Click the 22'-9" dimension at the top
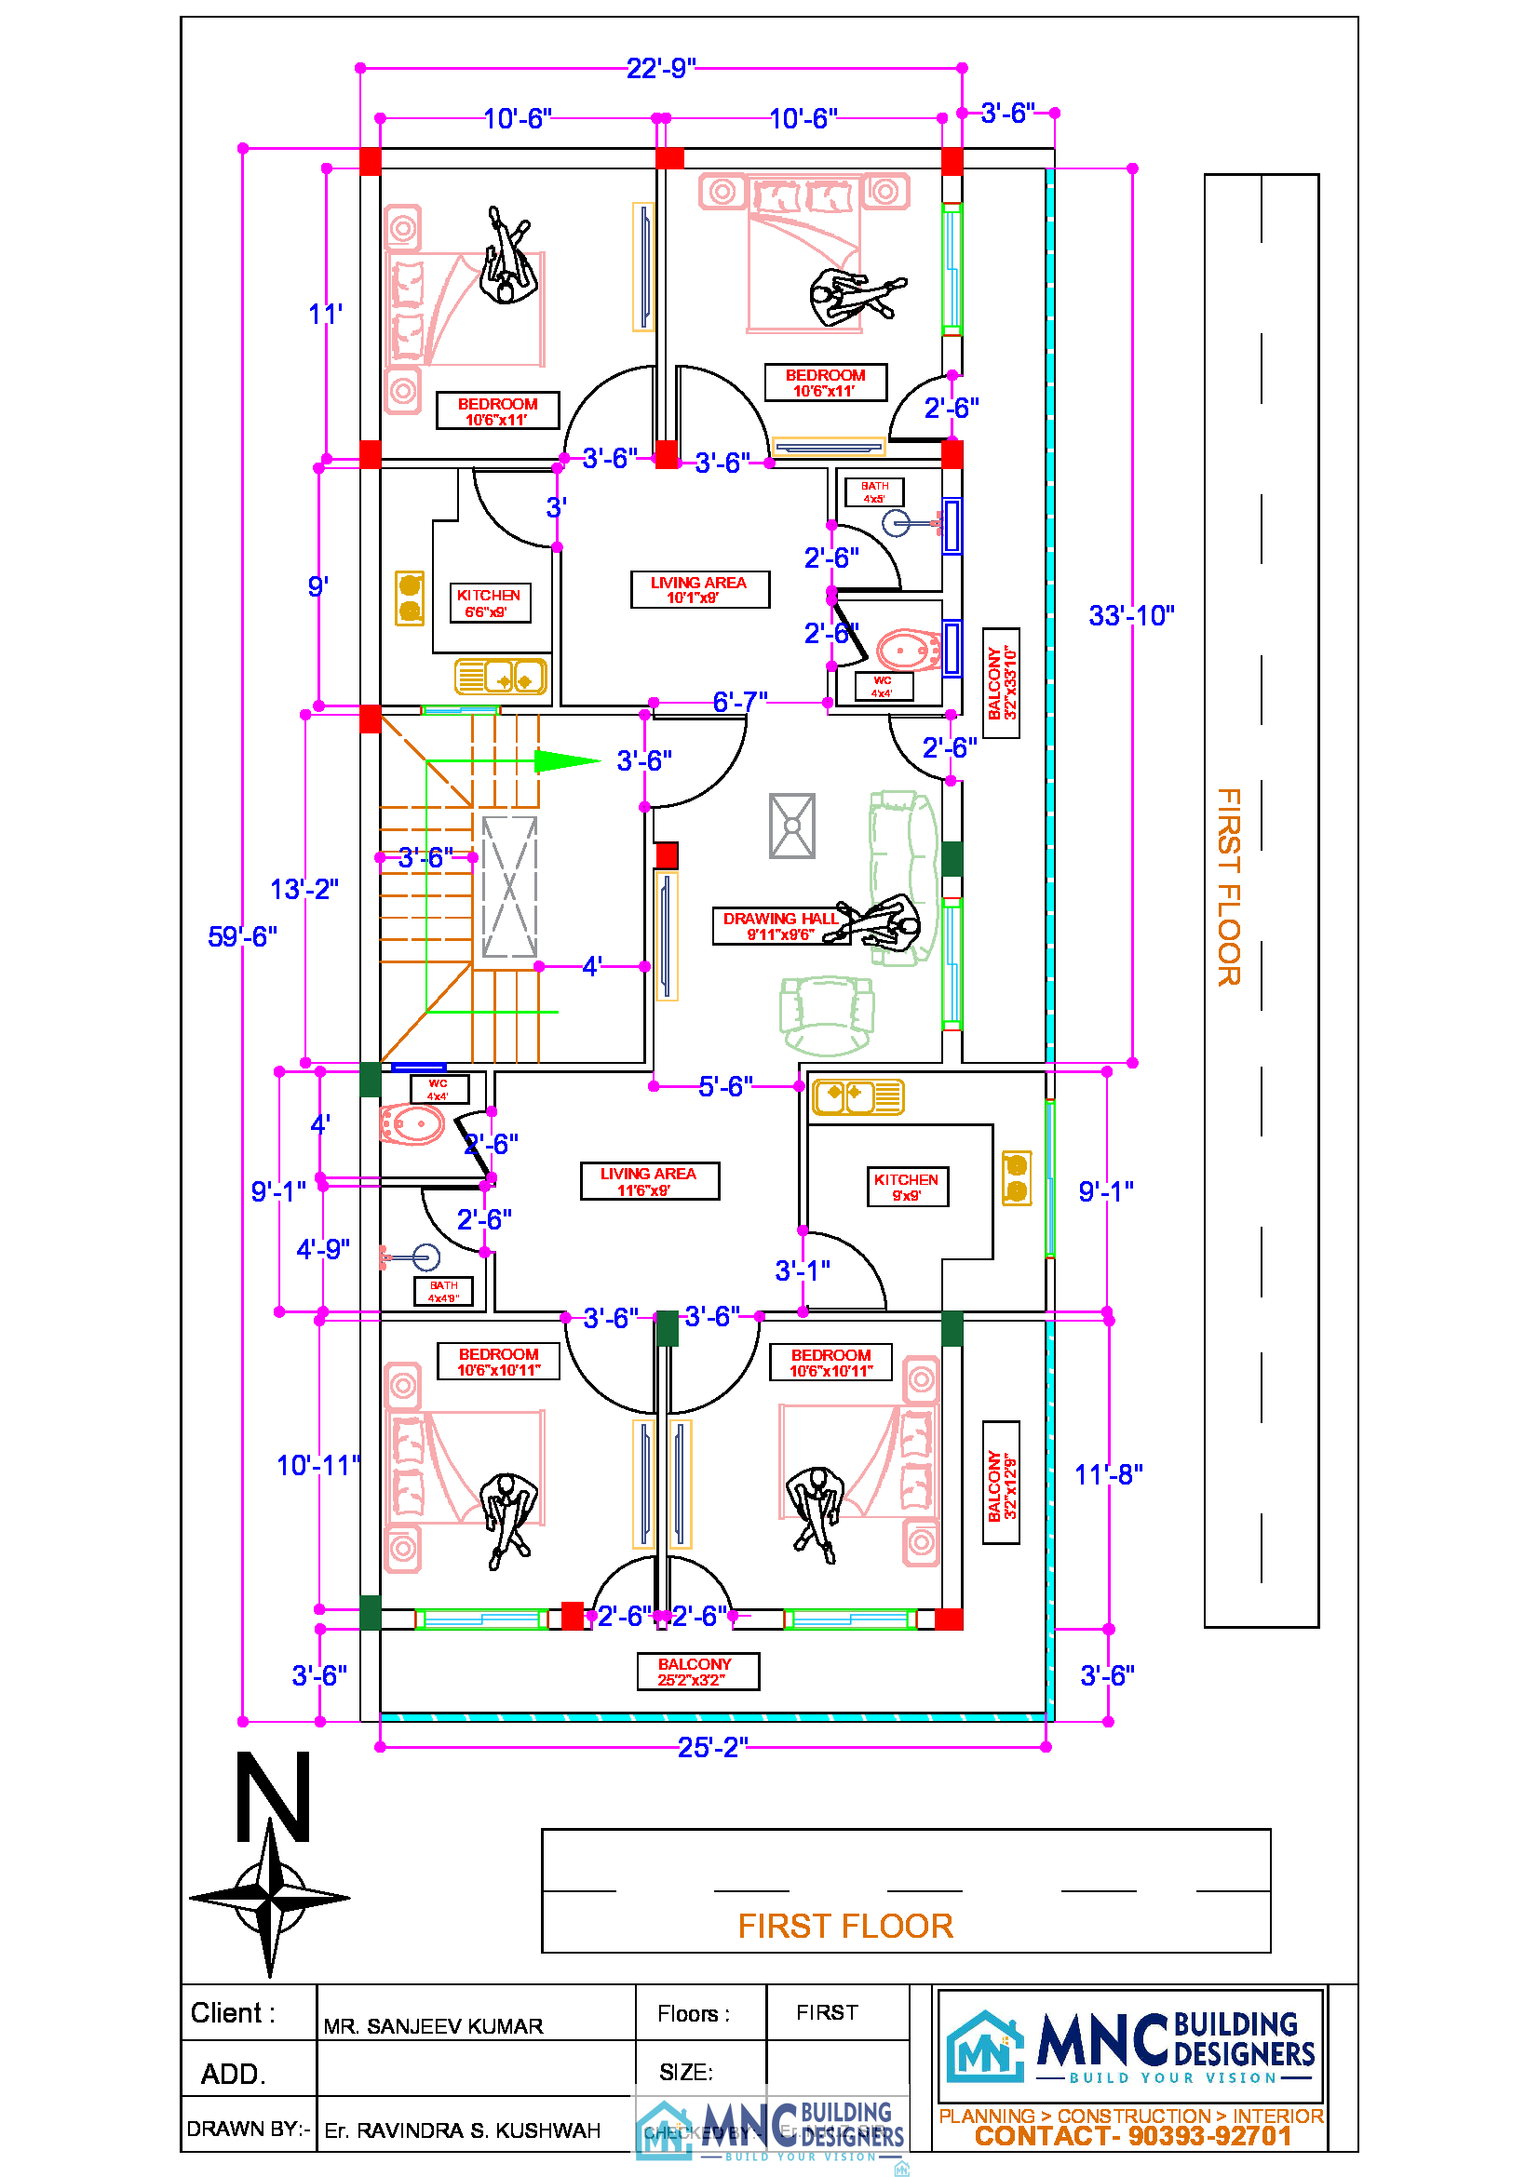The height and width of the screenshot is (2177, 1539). [x=661, y=68]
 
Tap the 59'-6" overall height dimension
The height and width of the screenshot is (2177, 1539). [x=243, y=937]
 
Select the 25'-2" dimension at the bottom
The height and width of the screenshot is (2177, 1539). [x=712, y=1748]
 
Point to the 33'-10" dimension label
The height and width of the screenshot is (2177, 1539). [x=1131, y=616]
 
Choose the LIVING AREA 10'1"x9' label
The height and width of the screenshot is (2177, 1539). [x=699, y=590]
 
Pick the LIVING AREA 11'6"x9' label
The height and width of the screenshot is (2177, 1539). [x=649, y=1181]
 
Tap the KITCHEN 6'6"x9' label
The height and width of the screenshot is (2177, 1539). [x=490, y=603]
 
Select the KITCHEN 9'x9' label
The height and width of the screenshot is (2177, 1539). [x=907, y=1187]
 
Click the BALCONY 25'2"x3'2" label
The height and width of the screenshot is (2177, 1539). [x=697, y=1672]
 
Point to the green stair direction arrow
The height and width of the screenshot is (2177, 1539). [x=566, y=760]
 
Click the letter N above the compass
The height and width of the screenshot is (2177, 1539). [x=273, y=1796]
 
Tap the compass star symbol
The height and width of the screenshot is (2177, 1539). [x=270, y=1897]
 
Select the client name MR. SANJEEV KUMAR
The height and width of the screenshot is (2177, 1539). [x=432, y=2027]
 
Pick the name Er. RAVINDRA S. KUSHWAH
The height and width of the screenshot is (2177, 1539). [x=462, y=2130]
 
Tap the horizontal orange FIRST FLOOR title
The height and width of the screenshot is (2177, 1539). [x=844, y=1927]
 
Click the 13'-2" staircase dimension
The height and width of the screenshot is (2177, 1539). [x=304, y=890]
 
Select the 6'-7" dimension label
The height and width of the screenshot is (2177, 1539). [x=739, y=702]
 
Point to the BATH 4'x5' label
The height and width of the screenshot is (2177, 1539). [x=874, y=492]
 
